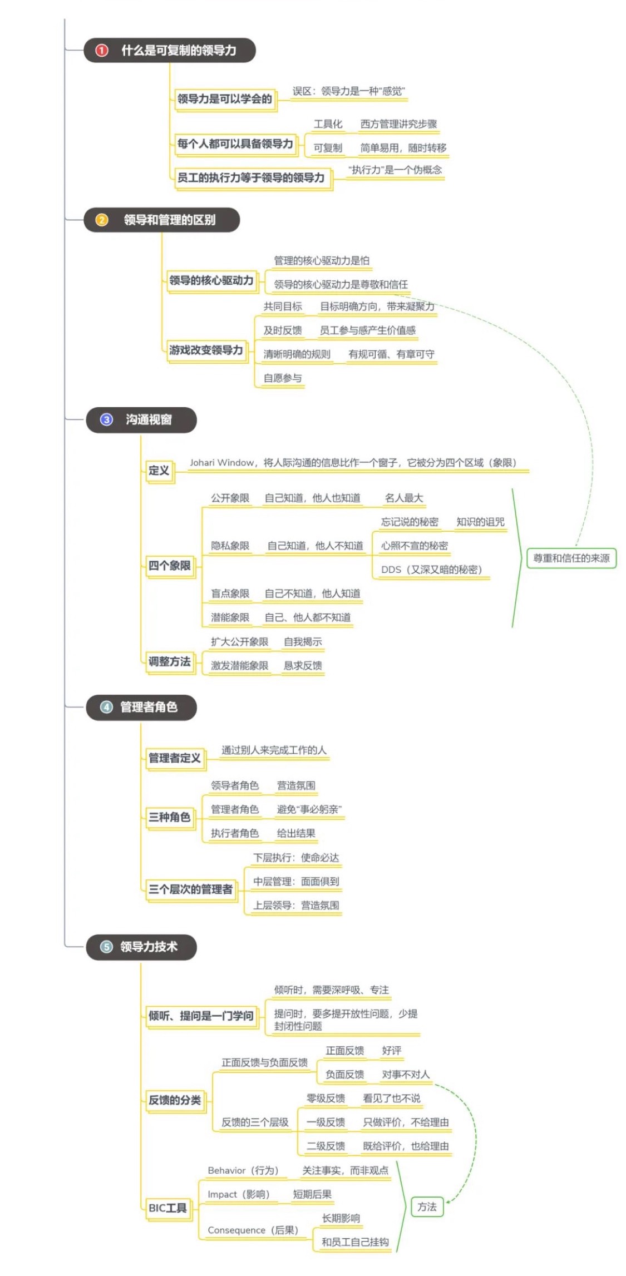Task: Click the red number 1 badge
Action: coord(101,51)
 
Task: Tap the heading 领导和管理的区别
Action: coord(169,220)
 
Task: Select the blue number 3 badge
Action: coord(106,419)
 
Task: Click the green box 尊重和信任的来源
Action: coord(571,558)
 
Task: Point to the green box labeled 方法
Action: coord(427,1206)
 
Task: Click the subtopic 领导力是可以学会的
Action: coord(224,99)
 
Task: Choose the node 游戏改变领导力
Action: coord(206,350)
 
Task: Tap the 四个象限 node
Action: coord(169,566)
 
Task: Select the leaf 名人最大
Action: coord(404,498)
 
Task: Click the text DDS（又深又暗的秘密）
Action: coord(431,570)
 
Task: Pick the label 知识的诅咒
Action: coord(480,522)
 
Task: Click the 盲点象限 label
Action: coord(230,594)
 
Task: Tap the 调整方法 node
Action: coord(169,661)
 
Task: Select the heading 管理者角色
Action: coord(149,707)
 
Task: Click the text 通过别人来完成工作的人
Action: coord(274,750)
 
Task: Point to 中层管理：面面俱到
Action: coord(296,882)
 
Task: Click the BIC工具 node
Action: coord(167,1208)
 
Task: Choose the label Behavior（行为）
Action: coord(243,1170)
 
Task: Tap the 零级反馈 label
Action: coord(326,1099)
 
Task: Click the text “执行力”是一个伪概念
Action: coord(395,170)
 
